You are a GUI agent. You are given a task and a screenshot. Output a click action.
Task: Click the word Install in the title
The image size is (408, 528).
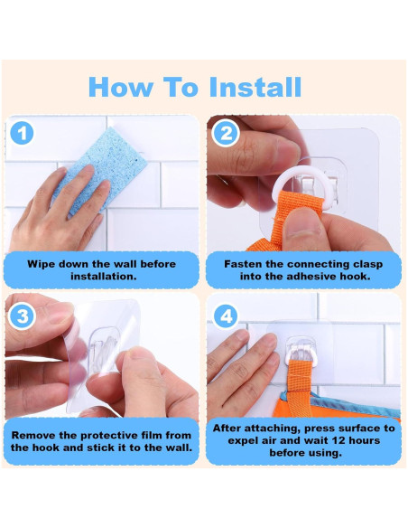[255, 87]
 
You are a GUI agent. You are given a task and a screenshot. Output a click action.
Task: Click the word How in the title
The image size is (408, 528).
[120, 87]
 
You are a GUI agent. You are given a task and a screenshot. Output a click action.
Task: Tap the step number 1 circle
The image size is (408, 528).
[23, 133]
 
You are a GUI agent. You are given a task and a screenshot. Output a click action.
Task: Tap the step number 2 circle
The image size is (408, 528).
[227, 133]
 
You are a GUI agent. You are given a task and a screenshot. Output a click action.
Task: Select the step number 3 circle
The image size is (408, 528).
[23, 316]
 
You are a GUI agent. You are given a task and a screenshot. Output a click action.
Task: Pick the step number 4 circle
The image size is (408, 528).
[227, 316]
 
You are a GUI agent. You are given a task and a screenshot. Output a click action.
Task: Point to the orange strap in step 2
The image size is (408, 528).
[292, 219]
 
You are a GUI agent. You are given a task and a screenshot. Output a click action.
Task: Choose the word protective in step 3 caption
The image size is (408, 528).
[107, 436]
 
